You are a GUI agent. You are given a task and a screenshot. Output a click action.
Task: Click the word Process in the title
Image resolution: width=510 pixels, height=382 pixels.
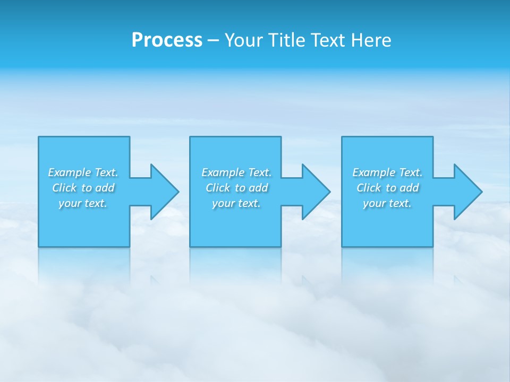click(x=167, y=40)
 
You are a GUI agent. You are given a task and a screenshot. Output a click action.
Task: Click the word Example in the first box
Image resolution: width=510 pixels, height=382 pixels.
click(x=70, y=172)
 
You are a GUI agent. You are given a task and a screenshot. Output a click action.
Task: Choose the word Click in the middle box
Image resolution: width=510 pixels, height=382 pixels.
click(x=218, y=188)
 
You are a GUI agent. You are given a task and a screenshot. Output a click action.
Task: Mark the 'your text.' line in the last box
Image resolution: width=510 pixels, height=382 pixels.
click(x=387, y=203)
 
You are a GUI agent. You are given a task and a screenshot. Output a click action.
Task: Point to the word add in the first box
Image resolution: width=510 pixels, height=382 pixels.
click(x=105, y=188)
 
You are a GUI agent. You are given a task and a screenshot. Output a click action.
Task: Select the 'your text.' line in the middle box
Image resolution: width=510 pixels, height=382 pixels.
click(x=236, y=203)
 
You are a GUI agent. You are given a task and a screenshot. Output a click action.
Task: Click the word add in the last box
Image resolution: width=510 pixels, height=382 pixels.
click(x=410, y=188)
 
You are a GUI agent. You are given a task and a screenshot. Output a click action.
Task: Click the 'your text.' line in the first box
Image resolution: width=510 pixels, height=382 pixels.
click(x=83, y=203)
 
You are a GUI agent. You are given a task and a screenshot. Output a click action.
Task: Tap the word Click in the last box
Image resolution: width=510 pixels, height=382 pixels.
click(x=369, y=188)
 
